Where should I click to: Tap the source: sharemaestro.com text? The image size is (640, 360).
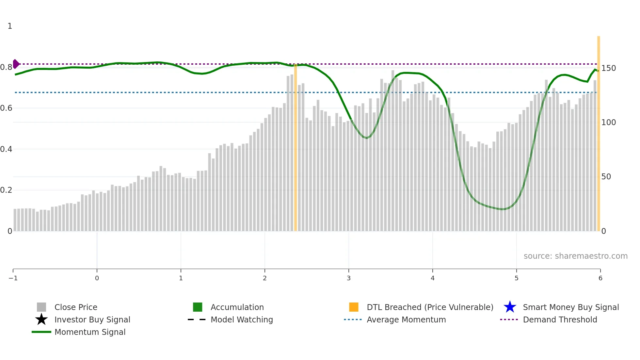tap(575, 256)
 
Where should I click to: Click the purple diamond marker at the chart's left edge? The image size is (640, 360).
tap(16, 64)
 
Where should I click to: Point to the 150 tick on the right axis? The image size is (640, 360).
tap(609, 68)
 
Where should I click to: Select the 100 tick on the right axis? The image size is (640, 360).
tap(609, 122)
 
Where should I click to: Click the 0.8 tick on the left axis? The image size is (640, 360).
tap(7, 67)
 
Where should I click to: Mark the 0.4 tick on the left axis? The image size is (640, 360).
tap(7, 149)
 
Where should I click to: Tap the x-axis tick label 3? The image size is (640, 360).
tap(349, 278)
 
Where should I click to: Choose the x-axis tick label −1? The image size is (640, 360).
tap(13, 278)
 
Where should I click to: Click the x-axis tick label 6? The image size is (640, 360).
tap(600, 278)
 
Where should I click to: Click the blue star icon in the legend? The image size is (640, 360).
tap(510, 307)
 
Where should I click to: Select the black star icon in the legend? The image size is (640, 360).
tap(41, 319)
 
